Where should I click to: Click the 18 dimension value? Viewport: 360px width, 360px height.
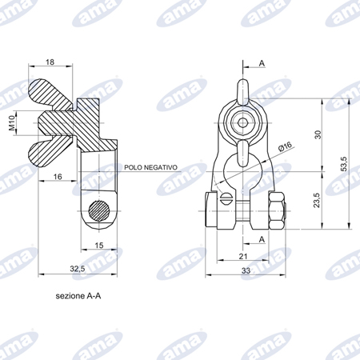[x=50, y=62]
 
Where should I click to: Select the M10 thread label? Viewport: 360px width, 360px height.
[x=12, y=123]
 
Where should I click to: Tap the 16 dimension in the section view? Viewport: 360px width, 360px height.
[x=58, y=177]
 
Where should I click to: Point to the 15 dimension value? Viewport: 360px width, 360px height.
[x=99, y=246]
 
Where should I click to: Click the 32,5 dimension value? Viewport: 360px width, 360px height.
[x=78, y=269]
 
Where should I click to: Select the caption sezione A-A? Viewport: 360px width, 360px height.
[x=78, y=296]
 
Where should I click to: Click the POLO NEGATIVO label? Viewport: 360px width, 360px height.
[x=150, y=167]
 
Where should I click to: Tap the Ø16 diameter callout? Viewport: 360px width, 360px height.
[x=286, y=146]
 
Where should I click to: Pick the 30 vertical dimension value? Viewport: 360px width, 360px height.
[x=318, y=134]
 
